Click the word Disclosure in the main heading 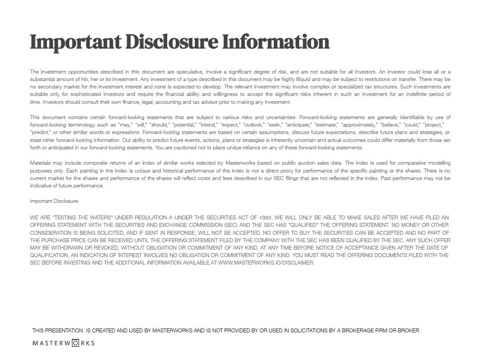(x=171, y=42)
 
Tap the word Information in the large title (x=276, y=42)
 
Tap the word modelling (x=439, y=163)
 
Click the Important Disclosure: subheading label (x=54, y=201)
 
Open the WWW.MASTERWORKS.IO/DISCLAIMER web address (x=266, y=263)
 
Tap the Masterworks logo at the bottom (x=64, y=343)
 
